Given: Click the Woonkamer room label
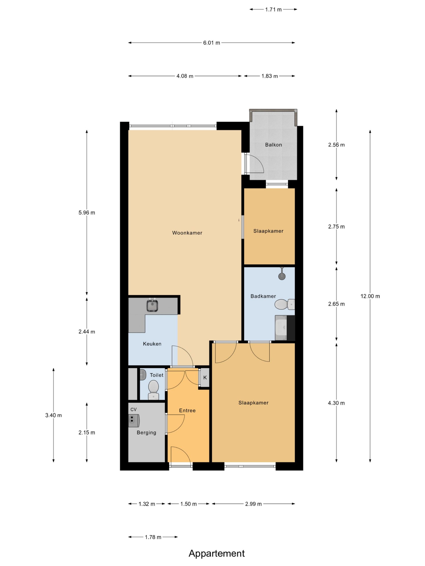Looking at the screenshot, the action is point(187,233).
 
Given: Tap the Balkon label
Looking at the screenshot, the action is point(273,145).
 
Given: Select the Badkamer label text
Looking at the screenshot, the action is point(263,296).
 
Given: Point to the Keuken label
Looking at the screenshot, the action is point(152,344).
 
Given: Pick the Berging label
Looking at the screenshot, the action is point(146,433).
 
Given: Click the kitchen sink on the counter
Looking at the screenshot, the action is point(152,306).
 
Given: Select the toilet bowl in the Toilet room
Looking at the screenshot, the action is point(153,389).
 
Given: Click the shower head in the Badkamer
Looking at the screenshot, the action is point(282,275).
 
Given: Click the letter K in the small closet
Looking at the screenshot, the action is point(205,378).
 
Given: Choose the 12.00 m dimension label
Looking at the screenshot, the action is point(370,296).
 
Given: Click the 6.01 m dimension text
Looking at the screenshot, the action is point(212,43).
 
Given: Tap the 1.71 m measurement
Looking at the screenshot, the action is point(273,10).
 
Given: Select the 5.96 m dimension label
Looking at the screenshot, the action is point(87,213).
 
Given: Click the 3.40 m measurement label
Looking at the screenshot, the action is point(54,415).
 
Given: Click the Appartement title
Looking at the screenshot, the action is point(217,553).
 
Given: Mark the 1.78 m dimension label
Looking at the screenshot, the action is point(153,537).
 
